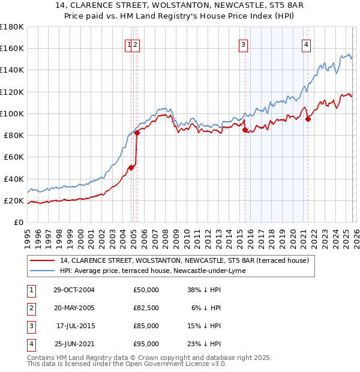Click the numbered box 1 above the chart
pyautogui.click(x=129, y=44)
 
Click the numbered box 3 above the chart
pyautogui.click(x=243, y=44)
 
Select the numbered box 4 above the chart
pyautogui.click(x=306, y=44)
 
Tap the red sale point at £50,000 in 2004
pyautogui.click(x=131, y=167)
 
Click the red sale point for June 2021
pyautogui.click(x=308, y=119)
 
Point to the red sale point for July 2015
pyautogui.click(x=245, y=130)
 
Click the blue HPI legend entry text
pyautogui.click(x=152, y=271)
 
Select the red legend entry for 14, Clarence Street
pyautogui.click(x=184, y=260)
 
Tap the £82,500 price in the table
pyautogui.click(x=146, y=307)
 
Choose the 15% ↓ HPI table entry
pyautogui.click(x=204, y=326)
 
